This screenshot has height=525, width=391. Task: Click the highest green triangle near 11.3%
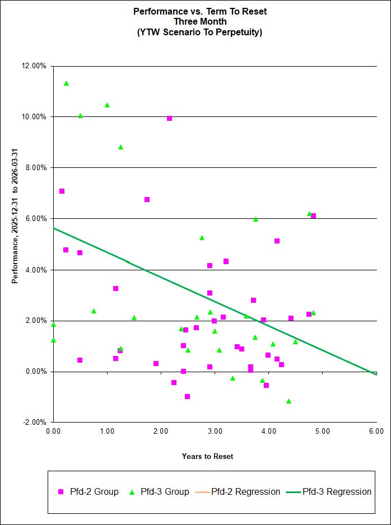tap(66, 83)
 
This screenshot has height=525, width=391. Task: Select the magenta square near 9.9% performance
tap(169, 119)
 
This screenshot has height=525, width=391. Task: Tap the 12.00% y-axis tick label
tap(34, 66)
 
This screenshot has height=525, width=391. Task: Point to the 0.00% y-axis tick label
tap(36, 372)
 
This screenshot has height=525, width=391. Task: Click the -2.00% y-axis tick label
tap(35, 423)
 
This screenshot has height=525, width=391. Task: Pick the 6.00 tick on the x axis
tap(376, 432)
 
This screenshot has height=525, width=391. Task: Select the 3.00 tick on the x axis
tap(215, 432)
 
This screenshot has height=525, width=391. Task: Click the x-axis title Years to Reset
tap(207, 456)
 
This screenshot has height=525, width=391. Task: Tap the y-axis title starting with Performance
tap(16, 216)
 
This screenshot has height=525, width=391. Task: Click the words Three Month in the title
tap(200, 21)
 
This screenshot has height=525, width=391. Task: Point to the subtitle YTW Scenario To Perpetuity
tap(200, 32)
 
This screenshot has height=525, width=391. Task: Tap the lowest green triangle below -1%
tap(288, 401)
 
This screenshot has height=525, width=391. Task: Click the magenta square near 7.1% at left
tap(62, 191)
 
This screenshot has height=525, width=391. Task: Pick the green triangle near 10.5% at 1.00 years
tap(107, 105)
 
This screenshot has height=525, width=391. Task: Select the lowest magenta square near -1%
tap(187, 396)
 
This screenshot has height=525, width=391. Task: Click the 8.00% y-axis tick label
tap(36, 168)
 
